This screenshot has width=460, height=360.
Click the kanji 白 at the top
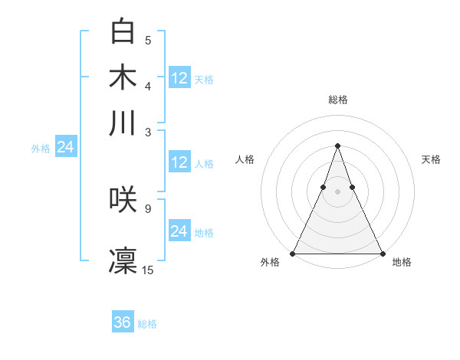click(123, 31)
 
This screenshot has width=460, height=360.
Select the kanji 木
click(123, 77)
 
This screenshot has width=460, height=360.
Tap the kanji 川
click(123, 123)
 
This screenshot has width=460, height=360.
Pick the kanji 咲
click(123, 198)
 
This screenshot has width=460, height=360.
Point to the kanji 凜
click(123, 260)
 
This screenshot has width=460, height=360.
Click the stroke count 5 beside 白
click(148, 41)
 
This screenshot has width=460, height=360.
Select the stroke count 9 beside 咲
click(148, 208)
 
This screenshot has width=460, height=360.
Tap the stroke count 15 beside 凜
click(148, 270)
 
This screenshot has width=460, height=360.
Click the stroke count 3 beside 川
click(148, 133)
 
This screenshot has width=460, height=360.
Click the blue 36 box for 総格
click(123, 322)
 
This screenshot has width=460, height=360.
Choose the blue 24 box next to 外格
click(65, 148)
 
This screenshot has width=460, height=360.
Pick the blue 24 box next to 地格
click(179, 231)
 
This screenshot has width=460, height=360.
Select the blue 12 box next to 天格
click(179, 78)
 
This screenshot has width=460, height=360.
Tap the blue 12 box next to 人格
click(179, 162)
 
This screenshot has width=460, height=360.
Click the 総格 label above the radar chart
click(337, 100)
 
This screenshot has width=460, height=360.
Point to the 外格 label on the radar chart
click(270, 263)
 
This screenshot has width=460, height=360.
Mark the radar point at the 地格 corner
click(382, 253)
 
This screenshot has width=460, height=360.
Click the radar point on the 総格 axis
click(337, 146)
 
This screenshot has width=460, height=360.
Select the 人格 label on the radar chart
click(245, 159)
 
